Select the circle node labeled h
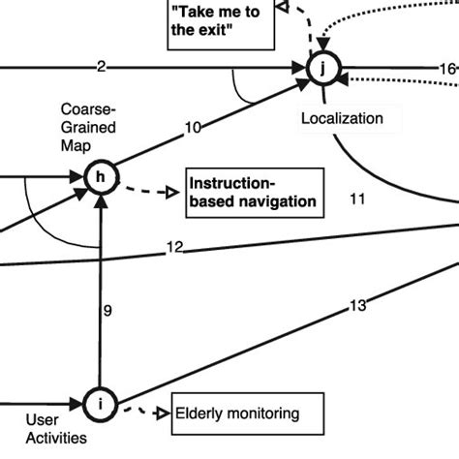click(101, 177)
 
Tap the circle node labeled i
click(101, 400)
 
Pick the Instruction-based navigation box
click(252, 192)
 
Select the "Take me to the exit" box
click(221, 20)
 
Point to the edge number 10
click(193, 126)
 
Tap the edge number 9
click(108, 311)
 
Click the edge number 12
click(175, 247)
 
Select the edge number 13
click(356, 305)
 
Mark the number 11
click(356, 199)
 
